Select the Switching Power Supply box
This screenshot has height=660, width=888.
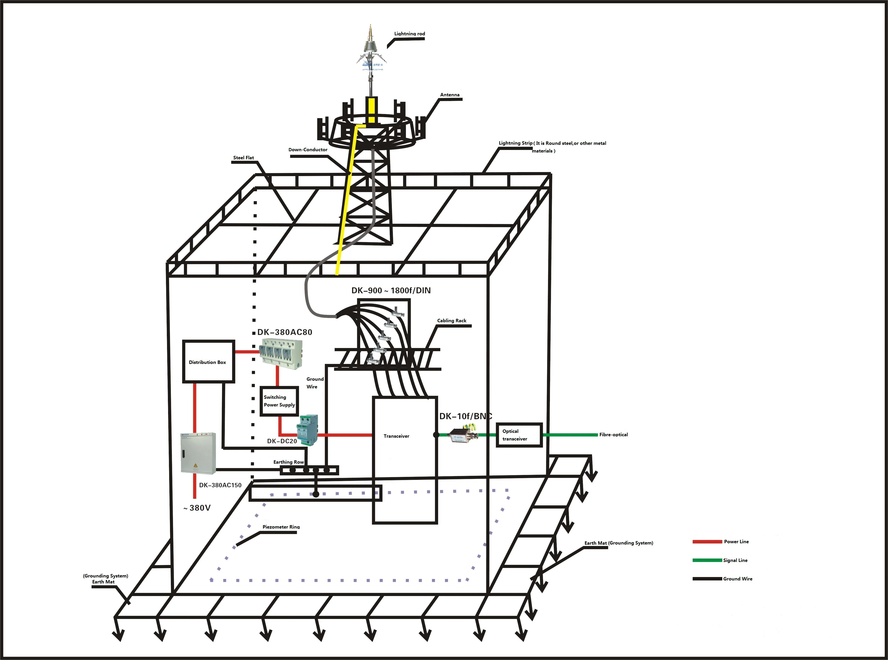coord(279,401)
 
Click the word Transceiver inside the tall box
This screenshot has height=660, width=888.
coord(396,436)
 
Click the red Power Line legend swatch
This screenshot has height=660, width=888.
coord(707,542)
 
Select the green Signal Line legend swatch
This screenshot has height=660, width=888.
coord(707,560)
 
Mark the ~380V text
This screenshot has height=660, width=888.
coord(197,508)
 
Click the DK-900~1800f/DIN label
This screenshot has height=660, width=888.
coord(391,291)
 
